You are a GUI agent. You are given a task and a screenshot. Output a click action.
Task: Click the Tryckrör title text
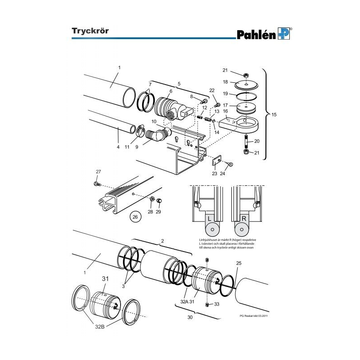[x=90, y=31]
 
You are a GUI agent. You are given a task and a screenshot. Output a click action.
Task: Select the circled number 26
[x=135, y=217]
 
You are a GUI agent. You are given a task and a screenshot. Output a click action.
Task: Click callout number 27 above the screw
[x=98, y=171]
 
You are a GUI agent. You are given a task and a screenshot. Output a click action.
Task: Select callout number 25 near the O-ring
[x=239, y=263]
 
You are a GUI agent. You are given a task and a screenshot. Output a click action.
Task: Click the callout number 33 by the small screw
[x=216, y=305]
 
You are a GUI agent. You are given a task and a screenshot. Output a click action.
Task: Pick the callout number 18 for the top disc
[x=226, y=82]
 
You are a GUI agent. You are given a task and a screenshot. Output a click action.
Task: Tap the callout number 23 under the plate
[x=215, y=173]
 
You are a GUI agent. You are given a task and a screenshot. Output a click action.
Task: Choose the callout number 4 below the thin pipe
[x=118, y=146]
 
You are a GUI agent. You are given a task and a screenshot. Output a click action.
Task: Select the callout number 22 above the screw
[x=212, y=91]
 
